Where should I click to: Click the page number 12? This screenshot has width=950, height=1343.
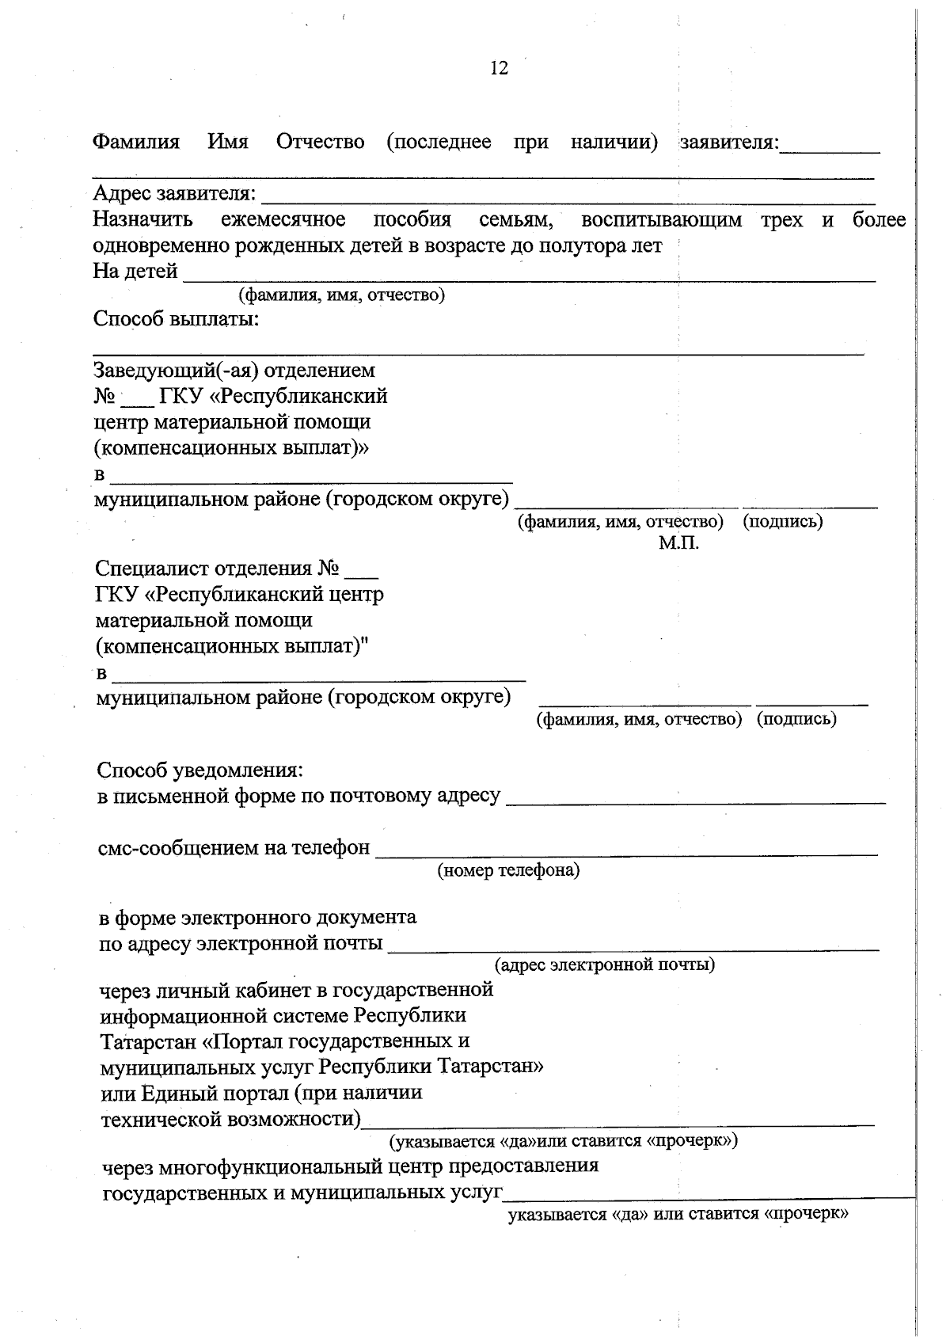point(499,68)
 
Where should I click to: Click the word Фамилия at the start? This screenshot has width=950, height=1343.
point(136,143)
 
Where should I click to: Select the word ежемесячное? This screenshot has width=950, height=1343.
point(283,219)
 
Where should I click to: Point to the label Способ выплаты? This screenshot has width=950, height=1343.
point(177,319)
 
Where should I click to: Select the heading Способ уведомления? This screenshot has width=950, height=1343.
point(199,770)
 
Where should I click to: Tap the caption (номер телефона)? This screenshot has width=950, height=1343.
point(508,870)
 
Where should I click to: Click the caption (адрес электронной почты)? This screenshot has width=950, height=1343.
point(605,964)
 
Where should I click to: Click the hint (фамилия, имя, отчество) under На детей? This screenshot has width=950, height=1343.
point(341,295)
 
